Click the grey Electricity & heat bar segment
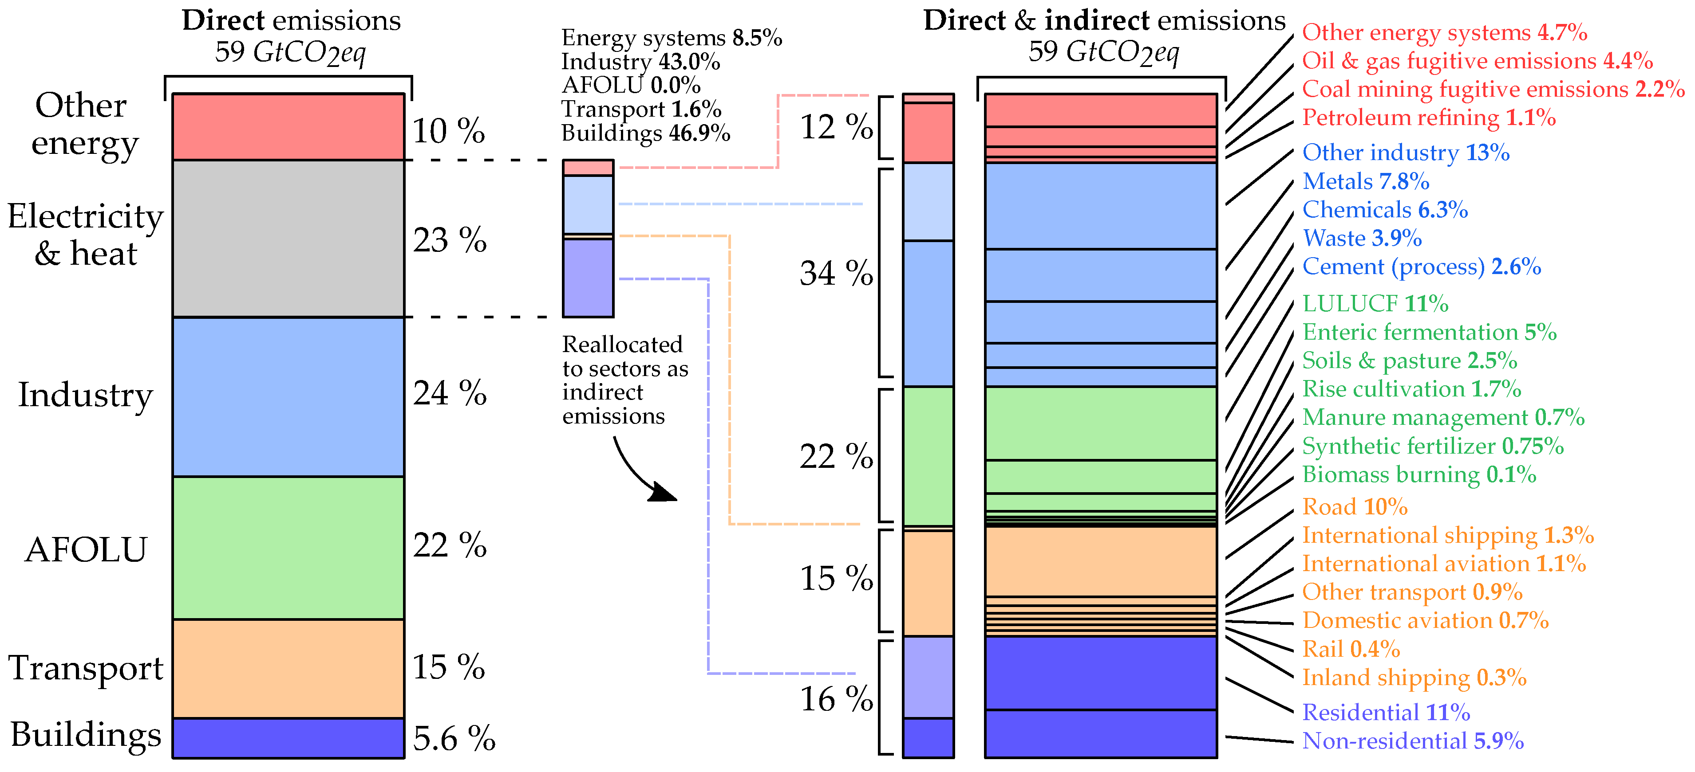coord(288,238)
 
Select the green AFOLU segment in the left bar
coord(288,548)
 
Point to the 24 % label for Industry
coord(450,393)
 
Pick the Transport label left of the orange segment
coord(86,668)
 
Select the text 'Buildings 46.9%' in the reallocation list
coord(645,133)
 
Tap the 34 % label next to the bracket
coord(836,273)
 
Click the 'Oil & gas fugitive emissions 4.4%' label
coord(1477,60)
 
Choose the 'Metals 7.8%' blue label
coord(1365,181)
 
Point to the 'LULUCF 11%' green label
coord(1375,303)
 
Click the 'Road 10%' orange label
coord(1354,506)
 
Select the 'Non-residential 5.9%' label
coord(1413,741)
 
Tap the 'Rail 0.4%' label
coord(1351,649)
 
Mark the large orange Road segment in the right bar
coord(1101,561)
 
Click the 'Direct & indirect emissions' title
coord(1104,21)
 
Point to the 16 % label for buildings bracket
coord(836,698)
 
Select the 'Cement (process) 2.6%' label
coord(1421,266)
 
